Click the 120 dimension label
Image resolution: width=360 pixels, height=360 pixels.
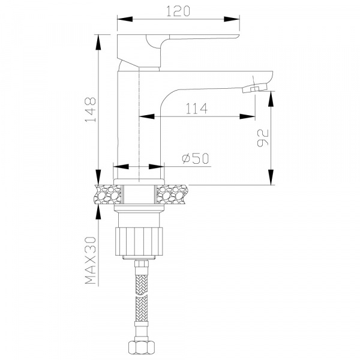tap(178, 11)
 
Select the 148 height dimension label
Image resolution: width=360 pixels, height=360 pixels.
tap(91, 110)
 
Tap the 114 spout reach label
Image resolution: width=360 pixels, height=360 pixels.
tap(196, 109)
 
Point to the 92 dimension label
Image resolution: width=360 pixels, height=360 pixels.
tap(263, 138)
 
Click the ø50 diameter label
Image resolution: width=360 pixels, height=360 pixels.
tap(196, 158)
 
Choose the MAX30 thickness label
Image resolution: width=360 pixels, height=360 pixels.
tap(91, 260)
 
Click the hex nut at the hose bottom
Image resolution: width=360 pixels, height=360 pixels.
tap(140, 348)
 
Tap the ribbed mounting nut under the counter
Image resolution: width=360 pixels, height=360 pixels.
tap(139, 241)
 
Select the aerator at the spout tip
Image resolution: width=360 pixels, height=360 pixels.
tap(255, 88)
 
